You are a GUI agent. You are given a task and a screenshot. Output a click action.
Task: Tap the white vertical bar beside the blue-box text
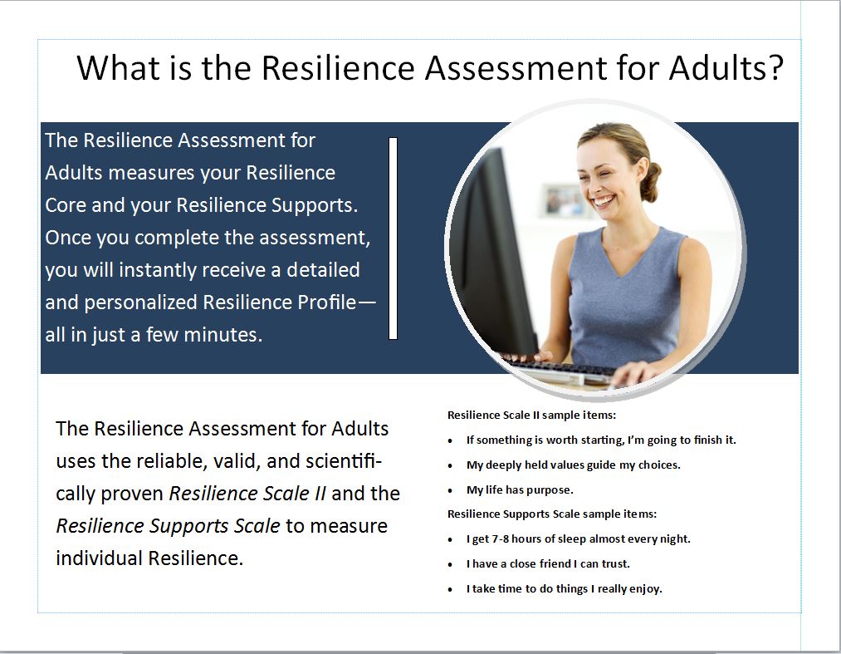[394, 238]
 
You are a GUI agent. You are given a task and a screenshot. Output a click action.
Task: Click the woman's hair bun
[651, 181]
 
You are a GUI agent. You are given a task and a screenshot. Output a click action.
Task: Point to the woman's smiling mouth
[604, 201]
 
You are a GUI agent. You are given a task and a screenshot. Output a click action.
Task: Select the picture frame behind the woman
[563, 200]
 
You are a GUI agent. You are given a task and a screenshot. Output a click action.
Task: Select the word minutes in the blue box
[222, 335]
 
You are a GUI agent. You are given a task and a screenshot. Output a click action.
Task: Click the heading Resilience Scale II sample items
[531, 415]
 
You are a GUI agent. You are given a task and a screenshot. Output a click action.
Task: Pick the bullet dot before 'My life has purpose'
[450, 491]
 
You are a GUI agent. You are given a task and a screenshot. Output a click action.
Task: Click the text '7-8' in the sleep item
[500, 538]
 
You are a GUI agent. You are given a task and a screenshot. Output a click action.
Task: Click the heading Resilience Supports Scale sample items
[552, 514]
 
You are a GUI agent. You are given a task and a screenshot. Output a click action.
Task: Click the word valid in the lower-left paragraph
[237, 461]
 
